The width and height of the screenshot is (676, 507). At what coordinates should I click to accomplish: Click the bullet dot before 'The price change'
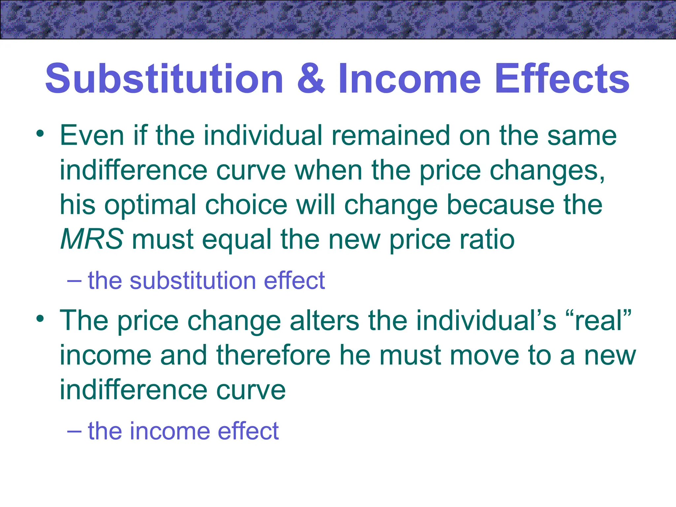pos(40,319)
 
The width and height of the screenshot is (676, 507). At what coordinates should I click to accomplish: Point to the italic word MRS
pos(92,239)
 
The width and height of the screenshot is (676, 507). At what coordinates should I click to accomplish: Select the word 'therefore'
pos(273,355)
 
